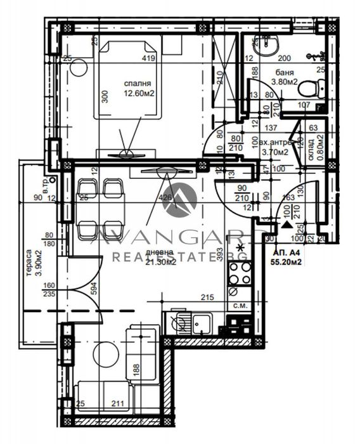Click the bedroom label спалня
[137, 83]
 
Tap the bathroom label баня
[284, 72]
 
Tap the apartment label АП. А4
[282, 250]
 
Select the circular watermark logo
[179, 199]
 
